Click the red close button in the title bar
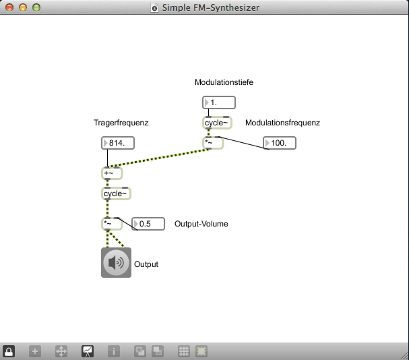point(9,8)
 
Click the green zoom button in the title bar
point(36,8)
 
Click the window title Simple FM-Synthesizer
point(210,8)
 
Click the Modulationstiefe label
point(224,82)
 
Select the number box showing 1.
point(219,102)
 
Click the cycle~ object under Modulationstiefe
point(217,123)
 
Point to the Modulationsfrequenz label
point(282,123)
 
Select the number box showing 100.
point(280,143)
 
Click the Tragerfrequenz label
point(121,123)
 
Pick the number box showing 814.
point(117,143)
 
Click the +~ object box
point(112,173)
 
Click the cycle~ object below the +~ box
point(115,193)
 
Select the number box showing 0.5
point(148,224)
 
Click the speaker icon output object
point(116,263)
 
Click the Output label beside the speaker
point(146,264)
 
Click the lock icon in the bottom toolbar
point(9,351)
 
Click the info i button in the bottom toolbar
point(114,351)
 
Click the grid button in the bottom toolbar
point(183,351)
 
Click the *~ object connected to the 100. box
point(213,143)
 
